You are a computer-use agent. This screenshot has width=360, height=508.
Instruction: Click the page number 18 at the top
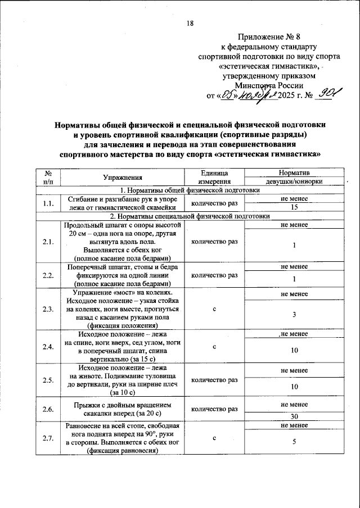pyautogui.click(x=190, y=23)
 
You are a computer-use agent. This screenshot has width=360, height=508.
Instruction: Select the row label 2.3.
pyautogui.click(x=48, y=309)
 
